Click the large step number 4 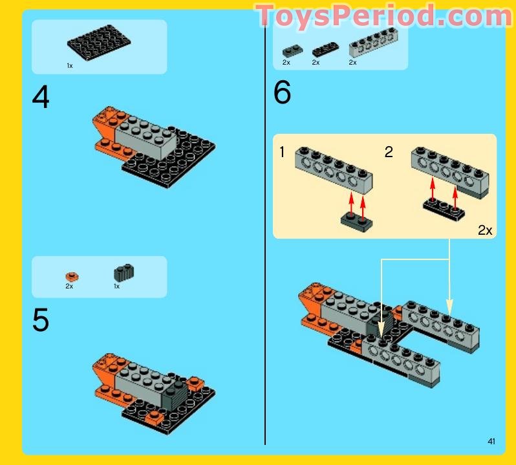pos(41,98)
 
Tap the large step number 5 pos(41,320)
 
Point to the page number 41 pos(491,442)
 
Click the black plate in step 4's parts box pos(99,43)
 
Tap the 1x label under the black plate pos(69,66)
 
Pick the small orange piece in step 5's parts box pos(72,277)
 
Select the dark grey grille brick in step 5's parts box pos(122,274)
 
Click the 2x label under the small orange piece pos(69,286)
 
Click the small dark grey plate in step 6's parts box pos(288,49)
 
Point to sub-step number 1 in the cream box pos(282,152)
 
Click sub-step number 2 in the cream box pos(389,152)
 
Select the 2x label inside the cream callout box pos(484,230)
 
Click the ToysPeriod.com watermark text pos(383,16)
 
